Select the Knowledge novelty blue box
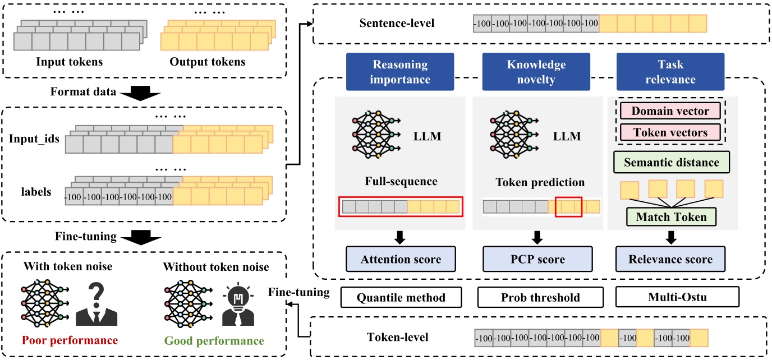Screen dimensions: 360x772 [536, 72]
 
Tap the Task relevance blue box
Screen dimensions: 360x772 [670, 72]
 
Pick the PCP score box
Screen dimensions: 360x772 [537, 260]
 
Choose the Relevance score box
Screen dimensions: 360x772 [671, 260]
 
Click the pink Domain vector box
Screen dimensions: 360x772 [670, 111]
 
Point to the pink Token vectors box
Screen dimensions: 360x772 [670, 133]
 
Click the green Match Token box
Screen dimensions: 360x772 [670, 216]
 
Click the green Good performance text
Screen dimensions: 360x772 [213, 340]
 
